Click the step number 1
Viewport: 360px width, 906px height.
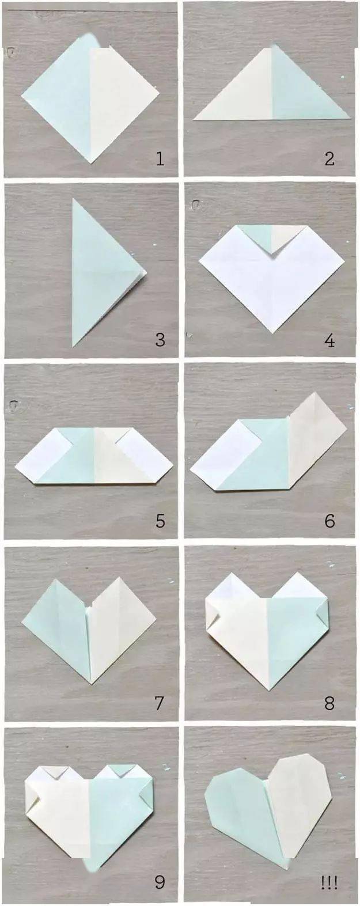(160, 158)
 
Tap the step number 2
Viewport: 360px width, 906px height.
(329, 158)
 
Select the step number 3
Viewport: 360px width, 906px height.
(160, 339)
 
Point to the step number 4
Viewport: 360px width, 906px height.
(329, 341)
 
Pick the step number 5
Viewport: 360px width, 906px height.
(160, 521)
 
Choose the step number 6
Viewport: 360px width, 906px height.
(329, 521)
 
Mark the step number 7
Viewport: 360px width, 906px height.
(160, 703)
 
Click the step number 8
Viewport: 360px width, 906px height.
(329, 703)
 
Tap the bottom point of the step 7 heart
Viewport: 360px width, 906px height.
(92, 684)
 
